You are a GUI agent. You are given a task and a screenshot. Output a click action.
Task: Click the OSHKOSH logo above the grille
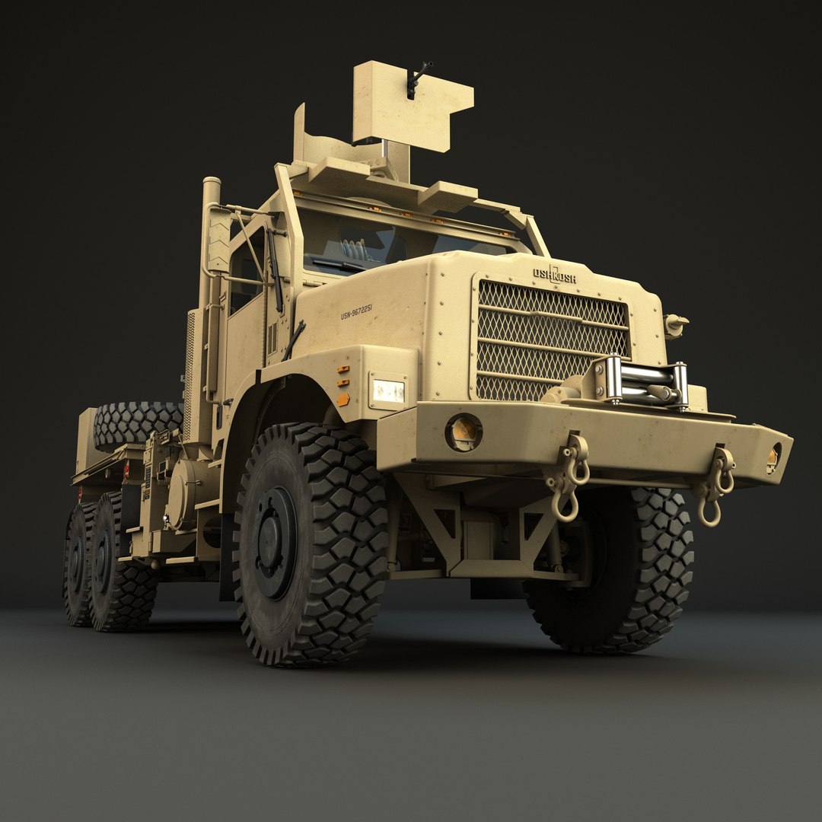coord(554,274)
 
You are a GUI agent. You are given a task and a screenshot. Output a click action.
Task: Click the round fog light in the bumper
coord(463,432)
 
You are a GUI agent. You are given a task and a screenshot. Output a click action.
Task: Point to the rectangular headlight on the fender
coord(387,390)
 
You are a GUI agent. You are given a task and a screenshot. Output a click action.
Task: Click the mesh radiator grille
coord(552,339)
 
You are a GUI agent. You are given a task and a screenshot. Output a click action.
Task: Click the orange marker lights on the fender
coord(343,384)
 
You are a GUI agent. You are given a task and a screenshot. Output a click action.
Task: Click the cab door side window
coord(245,270)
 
